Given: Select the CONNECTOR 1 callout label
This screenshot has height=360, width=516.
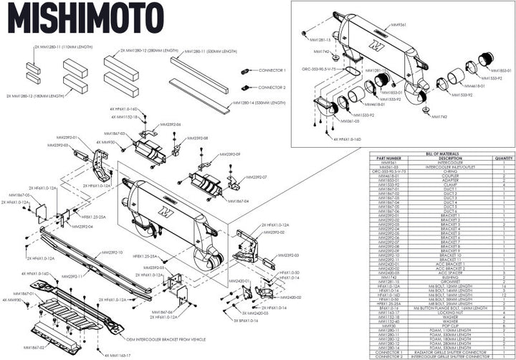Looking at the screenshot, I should click(273, 70).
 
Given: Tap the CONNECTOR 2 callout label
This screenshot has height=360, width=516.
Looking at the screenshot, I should click(273, 87).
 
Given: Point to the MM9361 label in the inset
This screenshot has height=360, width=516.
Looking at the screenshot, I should click(398, 24).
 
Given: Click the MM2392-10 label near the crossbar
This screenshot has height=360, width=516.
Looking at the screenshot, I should click(113, 252).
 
